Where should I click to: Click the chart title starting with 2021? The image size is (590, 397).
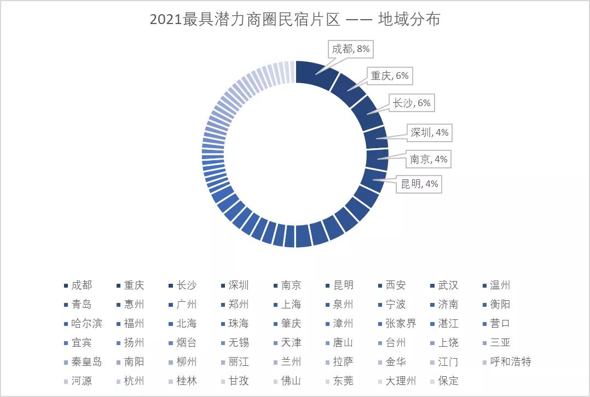(x=295, y=20)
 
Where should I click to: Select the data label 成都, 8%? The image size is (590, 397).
(x=351, y=49)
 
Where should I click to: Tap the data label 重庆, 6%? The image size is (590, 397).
(x=389, y=76)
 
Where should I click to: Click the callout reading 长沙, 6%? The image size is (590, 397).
(x=411, y=103)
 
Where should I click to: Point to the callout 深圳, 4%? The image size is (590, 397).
(x=430, y=132)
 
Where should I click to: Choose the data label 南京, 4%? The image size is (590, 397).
(x=429, y=160)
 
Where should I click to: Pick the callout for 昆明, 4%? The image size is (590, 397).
(x=419, y=184)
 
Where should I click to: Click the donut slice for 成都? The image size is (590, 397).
(x=315, y=75)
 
